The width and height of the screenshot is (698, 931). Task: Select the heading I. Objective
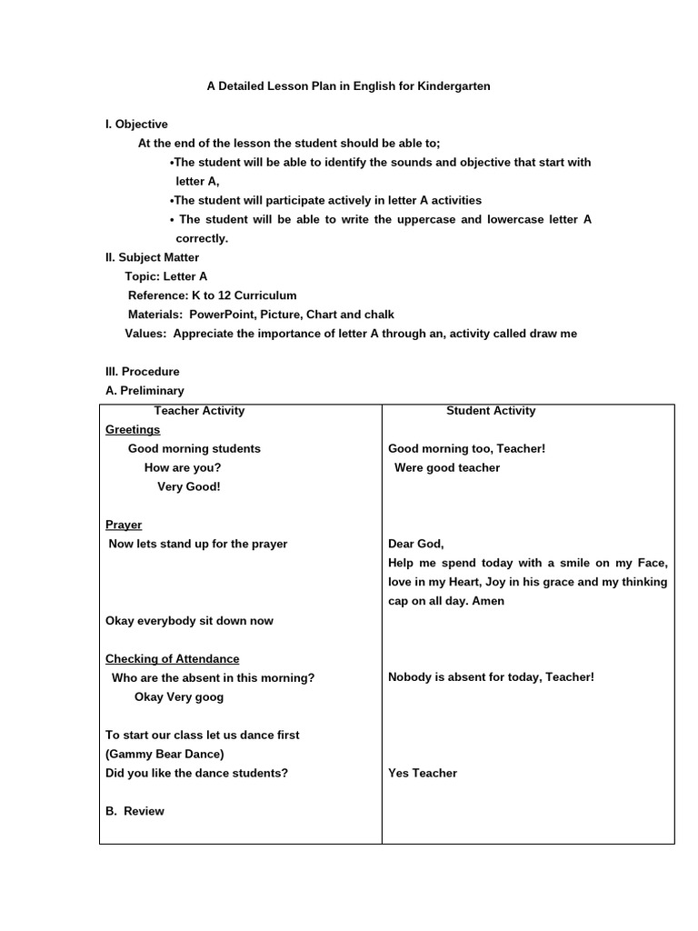pos(136,125)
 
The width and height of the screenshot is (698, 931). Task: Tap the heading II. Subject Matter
pos(152,258)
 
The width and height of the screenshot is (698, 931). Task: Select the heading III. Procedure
pos(143,372)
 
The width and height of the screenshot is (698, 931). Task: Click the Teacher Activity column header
pos(199,411)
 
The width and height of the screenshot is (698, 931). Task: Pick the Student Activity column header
pos(491,411)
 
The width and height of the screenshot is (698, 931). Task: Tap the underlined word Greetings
pos(133,430)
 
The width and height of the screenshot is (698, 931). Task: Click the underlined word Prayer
pos(124,526)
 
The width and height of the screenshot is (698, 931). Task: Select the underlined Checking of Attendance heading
pos(173,659)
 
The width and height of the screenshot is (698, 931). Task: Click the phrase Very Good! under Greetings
pos(189,487)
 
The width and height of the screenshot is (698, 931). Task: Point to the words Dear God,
pos(416,545)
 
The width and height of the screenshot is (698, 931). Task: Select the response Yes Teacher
pos(423,774)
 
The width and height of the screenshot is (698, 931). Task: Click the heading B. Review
pos(135,812)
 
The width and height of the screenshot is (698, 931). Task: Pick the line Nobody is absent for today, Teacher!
pos(491,678)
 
